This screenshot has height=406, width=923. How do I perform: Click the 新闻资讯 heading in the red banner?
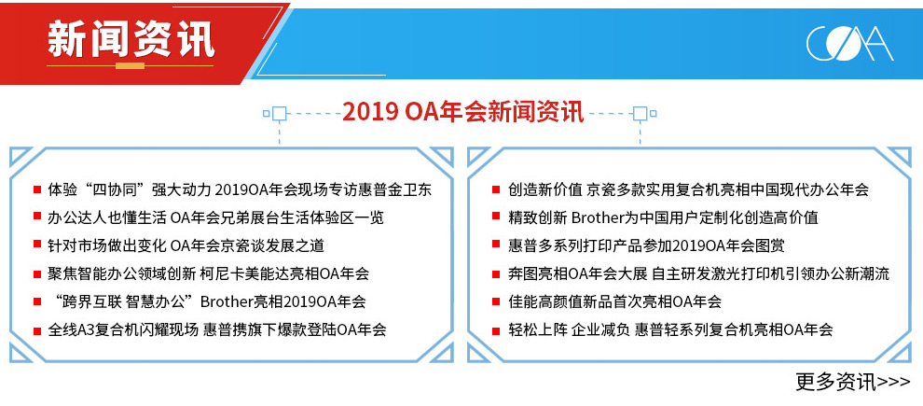coord(131,39)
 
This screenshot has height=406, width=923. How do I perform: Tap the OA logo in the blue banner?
coord(849,44)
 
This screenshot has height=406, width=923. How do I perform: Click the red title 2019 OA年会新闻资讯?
coord(463,111)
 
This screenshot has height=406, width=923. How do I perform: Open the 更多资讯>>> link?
coord(853,382)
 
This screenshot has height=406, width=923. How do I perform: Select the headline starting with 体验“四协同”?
coord(240,189)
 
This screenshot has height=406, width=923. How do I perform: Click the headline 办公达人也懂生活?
coord(215,218)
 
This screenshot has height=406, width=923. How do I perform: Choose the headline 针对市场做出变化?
coord(186,245)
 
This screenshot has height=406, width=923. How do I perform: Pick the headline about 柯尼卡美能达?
coord(209,273)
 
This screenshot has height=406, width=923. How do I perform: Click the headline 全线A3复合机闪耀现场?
coord(217,329)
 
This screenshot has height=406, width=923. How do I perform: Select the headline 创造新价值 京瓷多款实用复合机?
coord(688,189)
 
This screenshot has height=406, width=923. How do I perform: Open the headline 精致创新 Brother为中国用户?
coord(663,218)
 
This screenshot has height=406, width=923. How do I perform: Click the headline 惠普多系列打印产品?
coord(646,245)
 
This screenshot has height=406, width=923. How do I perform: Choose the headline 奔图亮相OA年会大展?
coord(698,273)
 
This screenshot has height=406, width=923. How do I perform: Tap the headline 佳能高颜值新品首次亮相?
coord(614,301)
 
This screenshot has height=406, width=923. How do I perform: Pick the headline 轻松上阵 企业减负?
coord(670,329)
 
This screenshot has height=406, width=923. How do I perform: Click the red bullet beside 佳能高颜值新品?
coord(498,301)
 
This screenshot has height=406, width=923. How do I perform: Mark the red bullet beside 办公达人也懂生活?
coord(37,218)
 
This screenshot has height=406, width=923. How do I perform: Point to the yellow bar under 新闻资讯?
coord(131,65)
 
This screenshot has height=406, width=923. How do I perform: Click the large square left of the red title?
coord(279,113)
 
